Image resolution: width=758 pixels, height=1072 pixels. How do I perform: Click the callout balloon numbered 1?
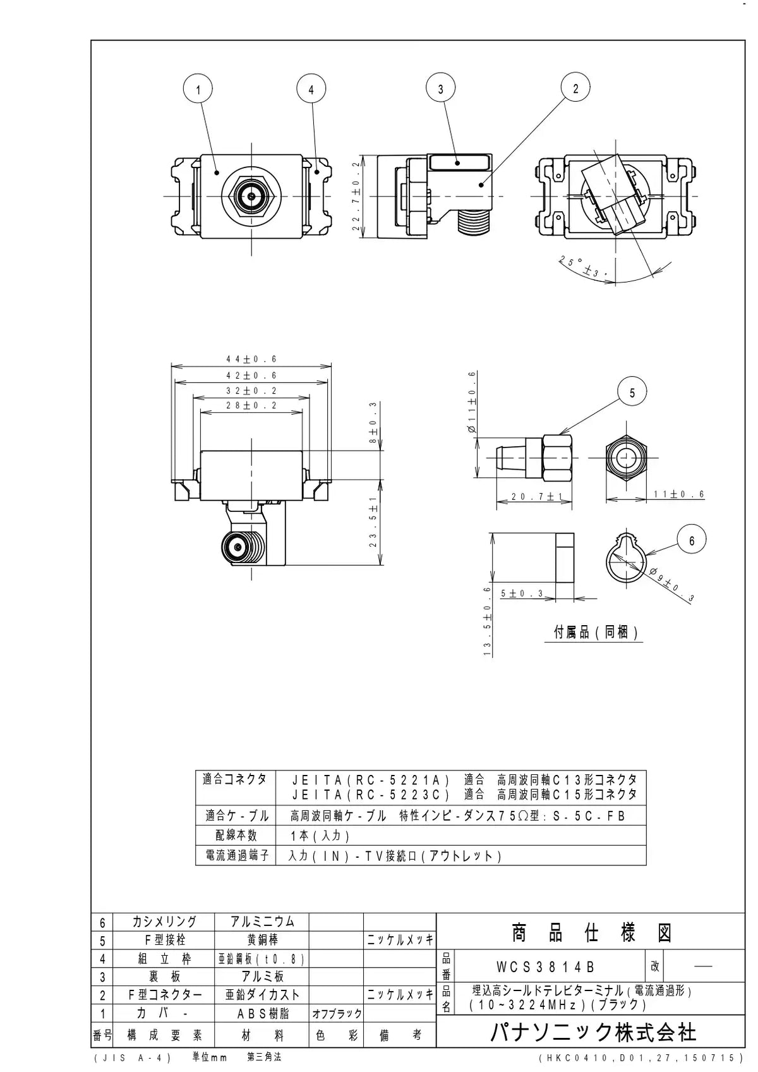coord(198,88)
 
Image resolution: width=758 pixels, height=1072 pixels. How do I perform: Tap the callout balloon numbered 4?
coord(311,89)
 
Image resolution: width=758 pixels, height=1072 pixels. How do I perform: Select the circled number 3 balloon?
coord(440,88)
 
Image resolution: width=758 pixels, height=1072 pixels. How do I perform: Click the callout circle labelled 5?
coord(632,393)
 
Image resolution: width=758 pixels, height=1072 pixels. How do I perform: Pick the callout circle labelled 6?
coord(691,541)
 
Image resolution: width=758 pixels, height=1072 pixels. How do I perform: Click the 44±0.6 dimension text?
coord(251,359)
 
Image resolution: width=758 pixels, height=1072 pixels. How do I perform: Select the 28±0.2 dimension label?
coord(251,405)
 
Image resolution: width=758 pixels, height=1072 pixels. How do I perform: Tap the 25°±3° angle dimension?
coord(584,267)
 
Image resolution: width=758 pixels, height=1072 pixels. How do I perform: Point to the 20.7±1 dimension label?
coord(534,497)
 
